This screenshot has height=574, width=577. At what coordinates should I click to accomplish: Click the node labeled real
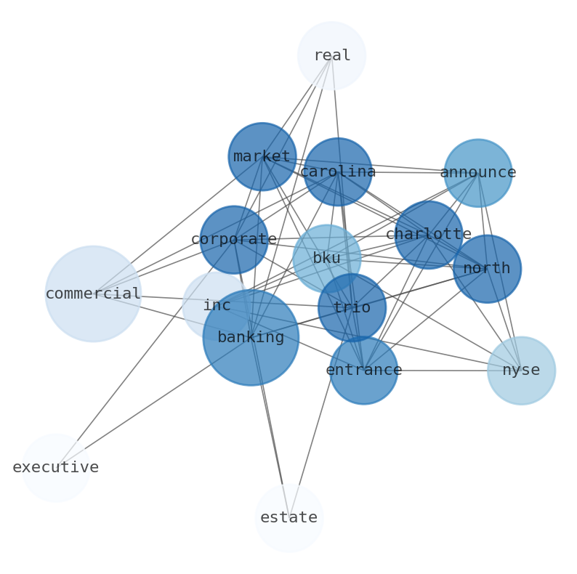(x=331, y=56)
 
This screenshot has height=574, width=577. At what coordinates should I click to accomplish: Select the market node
(x=262, y=157)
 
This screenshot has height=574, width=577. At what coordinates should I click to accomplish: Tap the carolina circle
(x=337, y=172)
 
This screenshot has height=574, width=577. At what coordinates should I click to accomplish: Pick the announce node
(x=477, y=173)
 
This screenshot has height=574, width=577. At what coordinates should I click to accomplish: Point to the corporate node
(x=234, y=240)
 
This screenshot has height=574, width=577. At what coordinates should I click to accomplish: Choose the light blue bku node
(x=326, y=259)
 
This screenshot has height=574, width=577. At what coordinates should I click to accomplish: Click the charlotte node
(x=428, y=235)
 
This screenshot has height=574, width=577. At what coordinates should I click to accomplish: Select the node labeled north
(x=486, y=269)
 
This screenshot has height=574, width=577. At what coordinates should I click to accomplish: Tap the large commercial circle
(x=93, y=294)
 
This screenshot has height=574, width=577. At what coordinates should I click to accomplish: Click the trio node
(x=352, y=308)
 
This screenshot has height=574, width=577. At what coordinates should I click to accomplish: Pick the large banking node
(x=251, y=337)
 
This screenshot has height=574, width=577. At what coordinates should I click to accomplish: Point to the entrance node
(x=363, y=371)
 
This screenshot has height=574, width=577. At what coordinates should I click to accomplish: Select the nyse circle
(x=521, y=371)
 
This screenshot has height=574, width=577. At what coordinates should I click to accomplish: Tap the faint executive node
(x=55, y=468)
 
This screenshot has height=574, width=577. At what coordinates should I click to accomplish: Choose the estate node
(x=288, y=518)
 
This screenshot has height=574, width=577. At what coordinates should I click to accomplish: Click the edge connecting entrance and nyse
(x=443, y=371)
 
